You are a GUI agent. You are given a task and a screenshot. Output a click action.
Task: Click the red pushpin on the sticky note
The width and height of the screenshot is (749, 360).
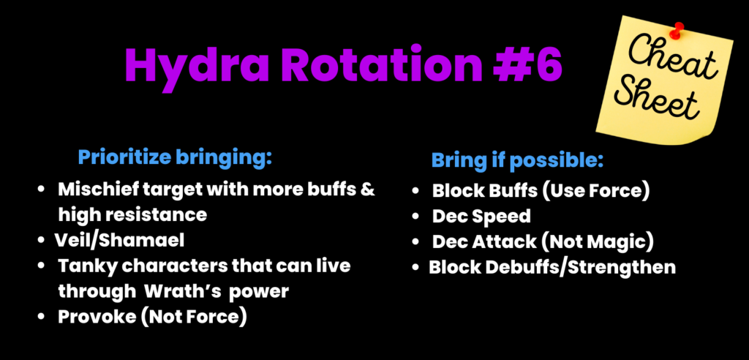click(675, 30)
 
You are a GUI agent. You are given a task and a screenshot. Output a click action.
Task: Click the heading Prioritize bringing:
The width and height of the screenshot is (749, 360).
click(175, 158)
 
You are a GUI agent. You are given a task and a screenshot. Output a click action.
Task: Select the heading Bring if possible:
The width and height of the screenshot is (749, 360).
click(517, 161)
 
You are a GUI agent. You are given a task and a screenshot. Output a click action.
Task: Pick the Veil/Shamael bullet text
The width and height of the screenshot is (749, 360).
click(119, 240)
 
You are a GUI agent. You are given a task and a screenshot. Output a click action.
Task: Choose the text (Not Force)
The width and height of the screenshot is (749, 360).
click(192, 317)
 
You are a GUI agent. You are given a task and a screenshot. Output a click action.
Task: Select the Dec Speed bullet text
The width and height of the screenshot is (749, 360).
click(481, 217)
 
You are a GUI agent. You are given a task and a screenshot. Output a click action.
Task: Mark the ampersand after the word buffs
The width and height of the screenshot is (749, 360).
click(367, 190)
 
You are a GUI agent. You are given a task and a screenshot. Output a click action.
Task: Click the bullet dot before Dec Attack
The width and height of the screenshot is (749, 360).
click(415, 242)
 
